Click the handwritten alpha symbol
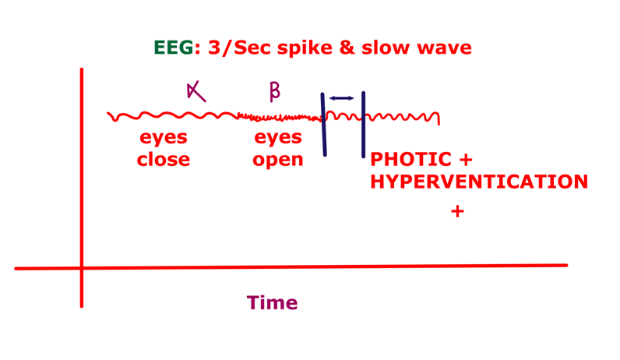(x=196, y=92)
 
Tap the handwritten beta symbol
(x=274, y=92)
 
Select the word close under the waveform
(x=163, y=160)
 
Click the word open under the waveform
(x=278, y=161)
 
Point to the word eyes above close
(x=164, y=138)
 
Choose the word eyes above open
(x=278, y=138)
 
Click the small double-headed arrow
(x=341, y=98)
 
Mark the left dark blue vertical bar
(x=323, y=125)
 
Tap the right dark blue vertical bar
(x=363, y=125)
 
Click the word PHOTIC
(x=410, y=160)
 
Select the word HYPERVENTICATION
(x=478, y=182)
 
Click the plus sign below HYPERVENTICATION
(x=457, y=211)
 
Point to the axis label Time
(x=272, y=302)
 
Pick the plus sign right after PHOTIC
(x=466, y=160)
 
